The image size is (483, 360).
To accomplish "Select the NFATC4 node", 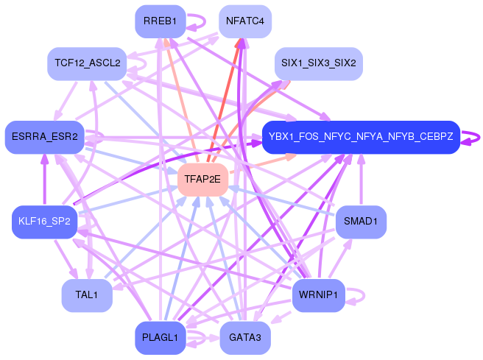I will [244, 21].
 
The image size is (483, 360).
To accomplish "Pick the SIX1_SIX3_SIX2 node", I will [318, 64].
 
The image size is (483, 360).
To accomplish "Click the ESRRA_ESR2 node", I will [44, 137].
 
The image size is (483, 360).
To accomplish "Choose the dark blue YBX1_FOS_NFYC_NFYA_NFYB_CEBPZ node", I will [361, 137].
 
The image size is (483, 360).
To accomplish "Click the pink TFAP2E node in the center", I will [202, 179].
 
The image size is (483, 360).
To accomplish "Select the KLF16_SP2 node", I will [44, 221].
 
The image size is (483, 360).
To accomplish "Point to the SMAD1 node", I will [361, 221].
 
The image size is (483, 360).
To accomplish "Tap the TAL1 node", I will [87, 295].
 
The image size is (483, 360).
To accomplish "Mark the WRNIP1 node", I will [318, 295].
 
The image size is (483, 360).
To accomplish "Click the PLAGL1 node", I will [160, 338].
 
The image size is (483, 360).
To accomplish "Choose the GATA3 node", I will [244, 338].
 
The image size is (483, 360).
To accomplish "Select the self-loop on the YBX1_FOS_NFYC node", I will [475, 137].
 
